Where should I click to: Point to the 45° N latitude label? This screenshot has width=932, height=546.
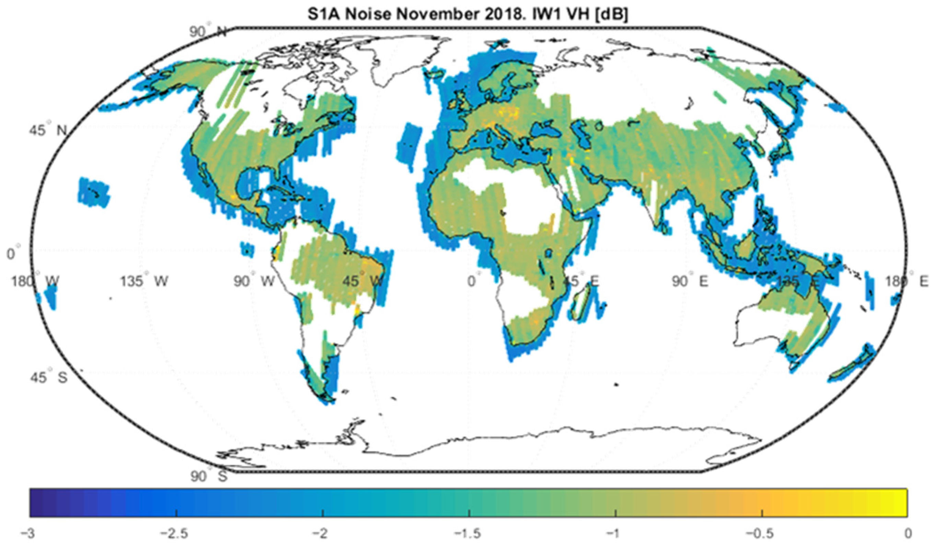tap(48, 130)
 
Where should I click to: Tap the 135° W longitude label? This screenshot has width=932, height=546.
tap(144, 281)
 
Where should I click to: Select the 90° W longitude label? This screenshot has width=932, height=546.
tap(254, 281)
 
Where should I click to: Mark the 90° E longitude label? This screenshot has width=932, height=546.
tap(690, 281)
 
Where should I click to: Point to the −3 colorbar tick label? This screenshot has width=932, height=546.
tap(30, 534)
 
